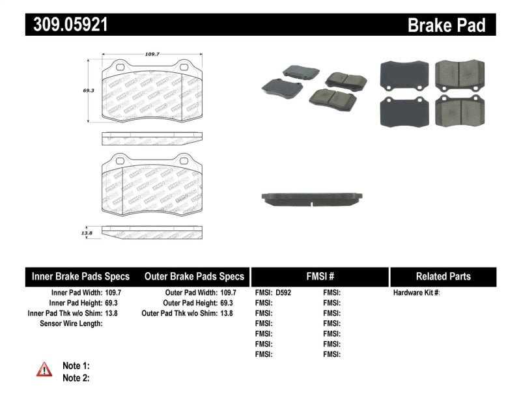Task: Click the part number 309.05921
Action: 66,25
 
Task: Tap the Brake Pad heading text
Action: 446,25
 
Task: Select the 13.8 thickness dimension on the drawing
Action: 85,230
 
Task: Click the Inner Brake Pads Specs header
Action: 81,276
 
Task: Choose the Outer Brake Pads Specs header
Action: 194,276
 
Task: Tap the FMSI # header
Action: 320,276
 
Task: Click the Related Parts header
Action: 443,276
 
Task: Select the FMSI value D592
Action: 283,293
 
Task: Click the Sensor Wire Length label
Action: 72,323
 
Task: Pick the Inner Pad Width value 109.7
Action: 114,293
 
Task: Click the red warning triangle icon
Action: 44,370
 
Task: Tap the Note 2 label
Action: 76,378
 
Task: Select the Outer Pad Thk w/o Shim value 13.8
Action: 227,313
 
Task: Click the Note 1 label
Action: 76,366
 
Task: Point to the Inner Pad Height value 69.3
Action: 112,303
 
